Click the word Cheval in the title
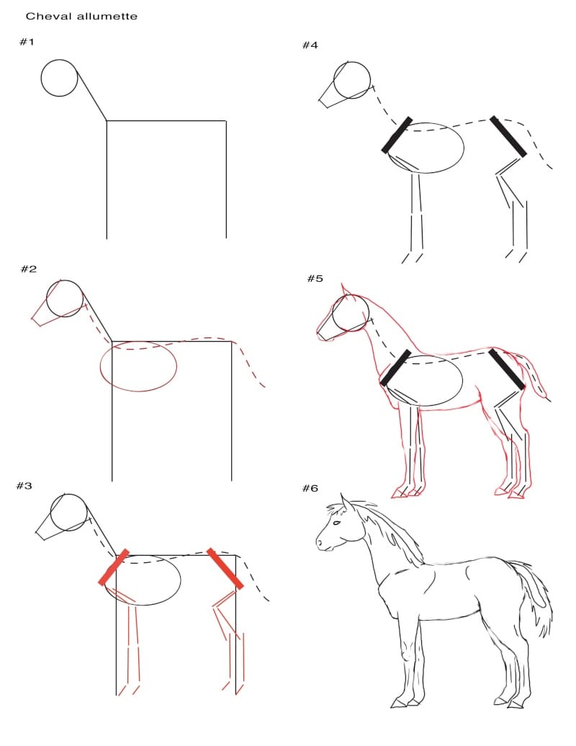[45, 16]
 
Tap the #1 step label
[27, 42]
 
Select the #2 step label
[29, 269]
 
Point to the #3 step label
[24, 486]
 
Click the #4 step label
[310, 45]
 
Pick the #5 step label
[315, 278]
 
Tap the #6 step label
[310, 488]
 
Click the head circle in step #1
[41, 78]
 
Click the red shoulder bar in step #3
[114, 567]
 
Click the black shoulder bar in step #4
[397, 135]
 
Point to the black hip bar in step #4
[508, 136]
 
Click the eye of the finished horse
[336, 523]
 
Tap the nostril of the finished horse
[319, 542]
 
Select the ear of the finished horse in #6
[346, 503]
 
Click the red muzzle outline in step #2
[40, 314]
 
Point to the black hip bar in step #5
[507, 369]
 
